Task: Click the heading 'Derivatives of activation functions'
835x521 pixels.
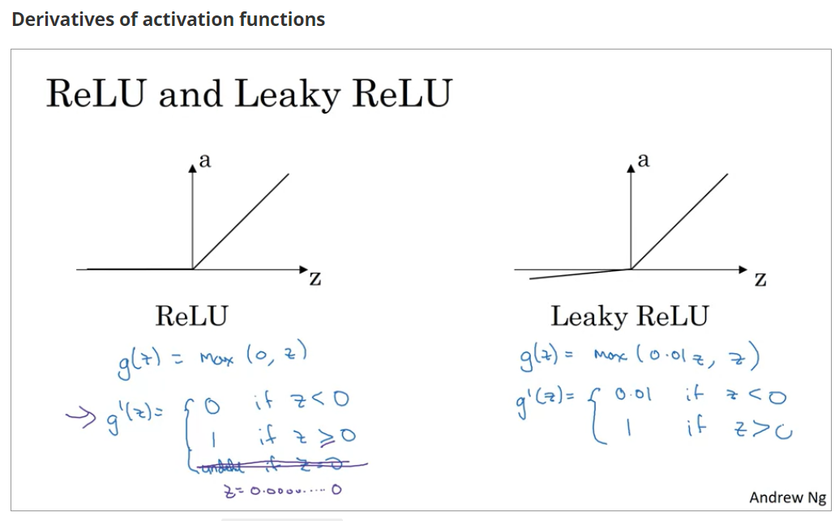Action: [169, 19]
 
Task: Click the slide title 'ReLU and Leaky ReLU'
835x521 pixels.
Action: [248, 94]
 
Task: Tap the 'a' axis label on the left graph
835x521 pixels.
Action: [205, 161]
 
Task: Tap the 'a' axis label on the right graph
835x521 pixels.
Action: [644, 161]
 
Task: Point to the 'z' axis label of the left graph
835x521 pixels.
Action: [315, 280]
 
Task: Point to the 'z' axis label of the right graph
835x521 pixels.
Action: [760, 280]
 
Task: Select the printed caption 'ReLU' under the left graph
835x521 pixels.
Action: [191, 316]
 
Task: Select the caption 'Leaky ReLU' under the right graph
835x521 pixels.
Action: [629, 316]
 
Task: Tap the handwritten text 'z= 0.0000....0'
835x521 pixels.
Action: [279, 489]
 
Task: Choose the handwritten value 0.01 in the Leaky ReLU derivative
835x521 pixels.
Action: [633, 394]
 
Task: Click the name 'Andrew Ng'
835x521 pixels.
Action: [787, 497]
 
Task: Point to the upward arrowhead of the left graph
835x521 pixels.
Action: [192, 167]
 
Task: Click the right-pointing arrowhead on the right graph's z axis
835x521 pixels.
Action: [743, 269]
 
